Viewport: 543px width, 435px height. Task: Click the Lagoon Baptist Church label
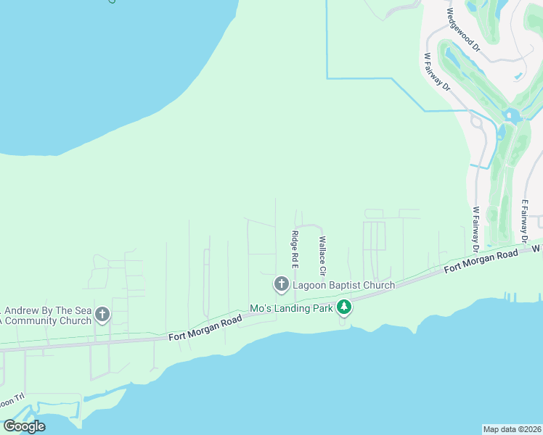click(343, 285)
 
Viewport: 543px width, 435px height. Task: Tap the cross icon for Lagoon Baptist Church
click(281, 283)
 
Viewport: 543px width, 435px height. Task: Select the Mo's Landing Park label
click(290, 308)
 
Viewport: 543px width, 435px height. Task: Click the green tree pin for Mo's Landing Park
click(344, 308)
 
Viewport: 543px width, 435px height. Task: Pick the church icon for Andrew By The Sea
click(102, 315)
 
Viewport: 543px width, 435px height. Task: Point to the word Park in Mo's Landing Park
click(320, 308)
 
